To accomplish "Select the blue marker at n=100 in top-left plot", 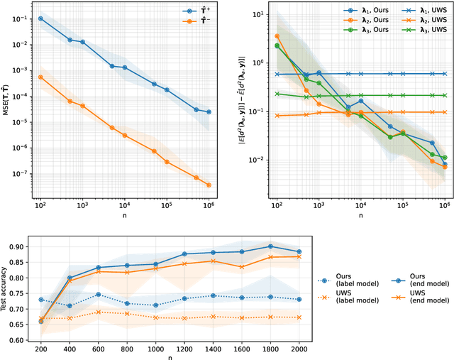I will pyautogui.click(x=40, y=18).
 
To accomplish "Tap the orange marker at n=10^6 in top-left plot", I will pyautogui.click(x=209, y=185).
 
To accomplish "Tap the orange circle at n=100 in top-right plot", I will pyautogui.click(x=277, y=36).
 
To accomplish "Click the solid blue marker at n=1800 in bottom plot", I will pyautogui.click(x=270, y=246).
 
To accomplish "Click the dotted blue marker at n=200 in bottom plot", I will pyautogui.click(x=40, y=300).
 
